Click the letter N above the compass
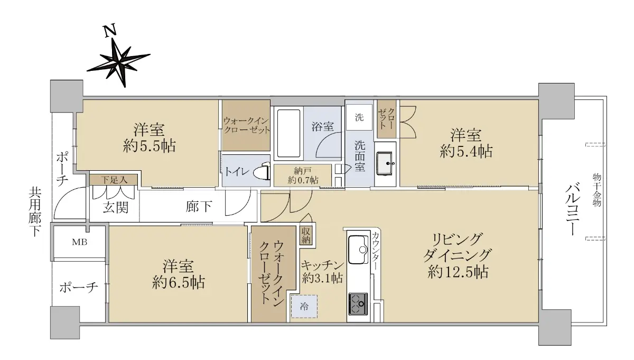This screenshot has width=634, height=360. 110,31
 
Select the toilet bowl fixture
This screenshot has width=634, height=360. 262,171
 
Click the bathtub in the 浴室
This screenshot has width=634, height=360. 288,133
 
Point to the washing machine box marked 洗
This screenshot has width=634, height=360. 359,117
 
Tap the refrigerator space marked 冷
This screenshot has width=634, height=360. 304,307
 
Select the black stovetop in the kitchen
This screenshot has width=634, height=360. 358,304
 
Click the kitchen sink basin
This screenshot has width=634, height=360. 358,250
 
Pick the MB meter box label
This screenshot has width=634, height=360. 80,242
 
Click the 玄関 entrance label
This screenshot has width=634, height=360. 116,207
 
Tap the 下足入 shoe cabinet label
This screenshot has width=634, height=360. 114,180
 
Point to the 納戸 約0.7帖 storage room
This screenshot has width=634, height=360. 303,176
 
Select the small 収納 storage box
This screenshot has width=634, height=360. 306,235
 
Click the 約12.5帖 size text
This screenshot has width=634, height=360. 458,272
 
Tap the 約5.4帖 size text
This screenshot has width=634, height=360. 466,151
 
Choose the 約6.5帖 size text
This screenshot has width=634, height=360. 179,282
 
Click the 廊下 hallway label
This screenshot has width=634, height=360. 199,207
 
